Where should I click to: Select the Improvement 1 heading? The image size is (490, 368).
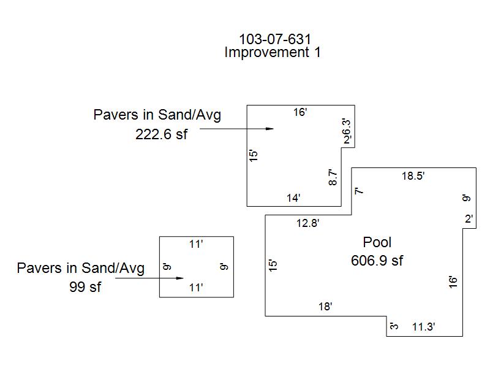(273, 53)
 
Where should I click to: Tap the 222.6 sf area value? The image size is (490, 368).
(161, 135)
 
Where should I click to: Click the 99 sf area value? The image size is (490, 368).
(85, 286)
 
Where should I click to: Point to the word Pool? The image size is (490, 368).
(377, 242)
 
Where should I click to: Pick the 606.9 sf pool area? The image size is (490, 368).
(377, 261)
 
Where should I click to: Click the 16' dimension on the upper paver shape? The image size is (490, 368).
(300, 112)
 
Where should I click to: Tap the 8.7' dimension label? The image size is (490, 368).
(333, 178)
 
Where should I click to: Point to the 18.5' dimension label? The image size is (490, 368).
(413, 175)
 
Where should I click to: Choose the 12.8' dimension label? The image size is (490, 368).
(307, 223)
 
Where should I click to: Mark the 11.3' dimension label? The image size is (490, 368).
(423, 328)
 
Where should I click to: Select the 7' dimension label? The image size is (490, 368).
(360, 191)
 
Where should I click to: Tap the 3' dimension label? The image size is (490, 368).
(394, 326)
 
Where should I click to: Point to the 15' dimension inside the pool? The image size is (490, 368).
(273, 265)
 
